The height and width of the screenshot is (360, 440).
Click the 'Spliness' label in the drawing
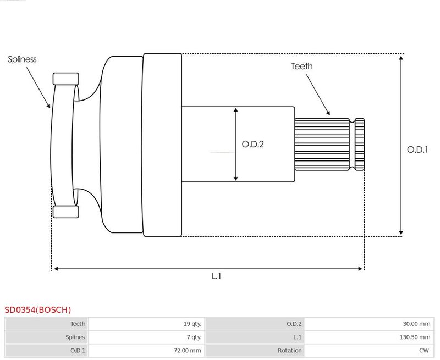22,59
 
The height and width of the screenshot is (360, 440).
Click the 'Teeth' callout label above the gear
301,66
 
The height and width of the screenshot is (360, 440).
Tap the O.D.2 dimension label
253,144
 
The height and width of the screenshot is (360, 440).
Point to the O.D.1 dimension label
417,149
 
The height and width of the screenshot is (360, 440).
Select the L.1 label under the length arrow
216,276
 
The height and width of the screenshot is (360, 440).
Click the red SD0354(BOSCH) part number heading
37,310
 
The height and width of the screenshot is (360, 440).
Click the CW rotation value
424,350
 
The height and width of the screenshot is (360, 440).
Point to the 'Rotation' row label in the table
290,350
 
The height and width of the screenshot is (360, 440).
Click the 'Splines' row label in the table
75,337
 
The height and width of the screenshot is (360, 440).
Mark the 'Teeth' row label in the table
78,324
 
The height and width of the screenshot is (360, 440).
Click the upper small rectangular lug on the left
66,79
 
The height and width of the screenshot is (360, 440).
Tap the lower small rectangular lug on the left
66,212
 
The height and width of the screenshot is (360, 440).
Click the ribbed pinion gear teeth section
329,145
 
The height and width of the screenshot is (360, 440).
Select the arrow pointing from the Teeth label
318,95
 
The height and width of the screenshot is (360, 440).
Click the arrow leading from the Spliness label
38,87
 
